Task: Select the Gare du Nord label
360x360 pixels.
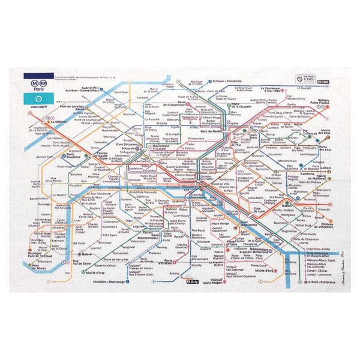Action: [x=212, y=131]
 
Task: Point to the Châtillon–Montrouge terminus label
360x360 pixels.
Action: [x=116, y=281]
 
